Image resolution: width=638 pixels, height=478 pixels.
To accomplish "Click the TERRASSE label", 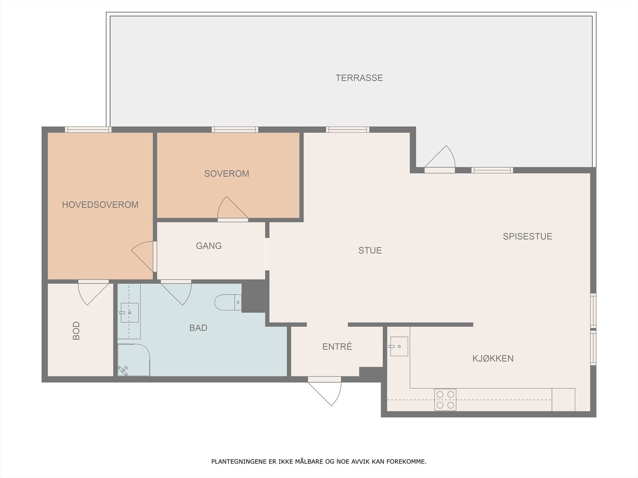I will pyautogui.click(x=359, y=78).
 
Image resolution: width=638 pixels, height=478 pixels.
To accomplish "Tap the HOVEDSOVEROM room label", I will pyautogui.click(x=100, y=205).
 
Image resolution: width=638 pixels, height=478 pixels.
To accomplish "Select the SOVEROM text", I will pyautogui.click(x=226, y=174).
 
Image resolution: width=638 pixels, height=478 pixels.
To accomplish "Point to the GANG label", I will pyautogui.click(x=209, y=246).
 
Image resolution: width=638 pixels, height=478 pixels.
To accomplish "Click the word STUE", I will pyautogui.click(x=370, y=251).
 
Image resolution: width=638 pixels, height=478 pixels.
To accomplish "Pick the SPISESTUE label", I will pyautogui.click(x=527, y=236).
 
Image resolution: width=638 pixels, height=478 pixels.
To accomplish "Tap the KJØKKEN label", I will pyautogui.click(x=493, y=358).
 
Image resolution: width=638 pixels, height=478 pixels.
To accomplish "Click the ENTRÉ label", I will pyautogui.click(x=337, y=347).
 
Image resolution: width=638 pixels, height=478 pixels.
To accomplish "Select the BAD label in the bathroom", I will pyautogui.click(x=198, y=328).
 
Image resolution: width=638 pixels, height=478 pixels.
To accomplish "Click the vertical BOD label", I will pyautogui.click(x=77, y=331).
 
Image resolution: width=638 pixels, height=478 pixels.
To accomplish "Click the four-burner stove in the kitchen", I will pyautogui.click(x=445, y=400).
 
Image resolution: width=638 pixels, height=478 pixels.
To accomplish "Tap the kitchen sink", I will pyautogui.click(x=399, y=347).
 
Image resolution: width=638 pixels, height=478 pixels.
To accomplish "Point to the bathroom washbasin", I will pyautogui.click(x=129, y=313).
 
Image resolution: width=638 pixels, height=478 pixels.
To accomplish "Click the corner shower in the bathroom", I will pyautogui.click(x=134, y=360).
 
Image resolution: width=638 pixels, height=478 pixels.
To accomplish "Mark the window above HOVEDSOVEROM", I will pyautogui.click(x=88, y=129).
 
